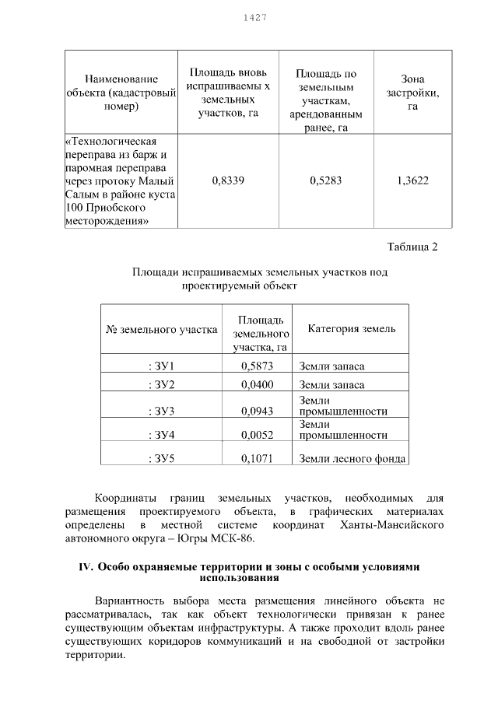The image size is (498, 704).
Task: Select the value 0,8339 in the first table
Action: (x=228, y=180)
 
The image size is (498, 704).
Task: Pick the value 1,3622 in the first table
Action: (x=412, y=180)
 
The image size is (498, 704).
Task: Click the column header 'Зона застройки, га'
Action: (x=412, y=93)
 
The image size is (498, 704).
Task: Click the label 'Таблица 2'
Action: (x=412, y=247)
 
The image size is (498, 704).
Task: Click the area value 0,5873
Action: (x=256, y=366)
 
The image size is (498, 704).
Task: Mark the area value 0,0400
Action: (x=256, y=385)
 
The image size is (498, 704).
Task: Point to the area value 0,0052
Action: (x=256, y=435)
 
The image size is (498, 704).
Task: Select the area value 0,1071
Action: (x=256, y=458)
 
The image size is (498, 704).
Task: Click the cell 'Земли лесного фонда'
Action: (x=352, y=458)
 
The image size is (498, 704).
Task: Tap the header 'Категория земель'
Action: (x=352, y=328)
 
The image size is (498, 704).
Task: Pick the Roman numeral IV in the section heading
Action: (x=86, y=567)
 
